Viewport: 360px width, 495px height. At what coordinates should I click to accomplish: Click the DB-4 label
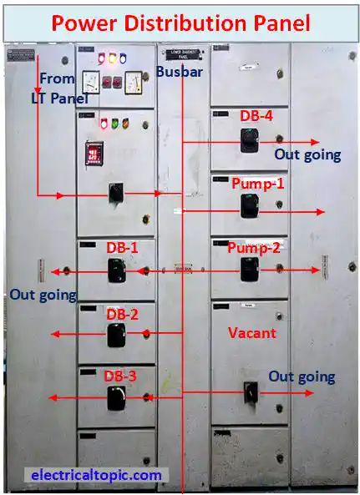256,116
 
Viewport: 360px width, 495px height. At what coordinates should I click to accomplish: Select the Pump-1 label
257,183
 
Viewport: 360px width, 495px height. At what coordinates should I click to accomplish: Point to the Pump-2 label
255,247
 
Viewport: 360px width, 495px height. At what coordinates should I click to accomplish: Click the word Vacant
251,332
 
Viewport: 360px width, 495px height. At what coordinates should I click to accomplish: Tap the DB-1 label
122,248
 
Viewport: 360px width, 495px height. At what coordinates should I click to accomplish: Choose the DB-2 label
122,314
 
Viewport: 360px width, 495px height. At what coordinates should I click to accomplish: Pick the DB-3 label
120,376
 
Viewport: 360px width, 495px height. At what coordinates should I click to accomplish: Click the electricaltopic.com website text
96,475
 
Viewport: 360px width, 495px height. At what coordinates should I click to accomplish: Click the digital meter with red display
94,154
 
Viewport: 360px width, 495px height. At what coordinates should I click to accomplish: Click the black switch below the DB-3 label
115,398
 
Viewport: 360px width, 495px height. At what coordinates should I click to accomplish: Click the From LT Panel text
55,87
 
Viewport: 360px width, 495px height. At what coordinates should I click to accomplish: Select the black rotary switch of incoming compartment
116,194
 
